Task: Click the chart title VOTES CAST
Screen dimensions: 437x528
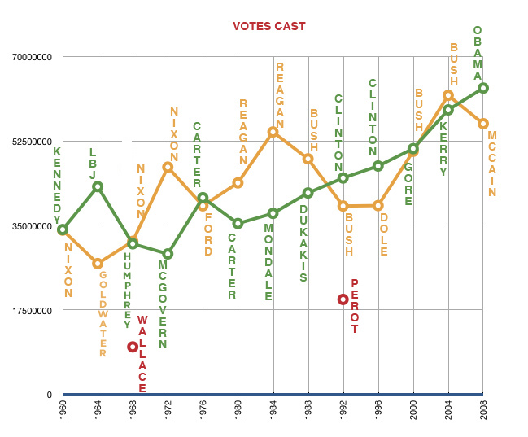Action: (x=268, y=26)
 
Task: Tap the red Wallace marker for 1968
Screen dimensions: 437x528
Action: (x=133, y=347)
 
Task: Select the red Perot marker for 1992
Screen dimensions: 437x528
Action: (x=343, y=299)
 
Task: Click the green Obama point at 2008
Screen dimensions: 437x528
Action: (x=483, y=88)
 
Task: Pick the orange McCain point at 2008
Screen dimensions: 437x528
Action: (x=483, y=124)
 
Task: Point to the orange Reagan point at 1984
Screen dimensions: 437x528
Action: (x=273, y=132)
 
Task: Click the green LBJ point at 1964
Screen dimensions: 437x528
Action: (x=98, y=186)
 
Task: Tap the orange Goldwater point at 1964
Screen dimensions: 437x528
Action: (x=98, y=264)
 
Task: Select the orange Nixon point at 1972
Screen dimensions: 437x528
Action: (x=168, y=167)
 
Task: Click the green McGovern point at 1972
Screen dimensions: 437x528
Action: (x=168, y=254)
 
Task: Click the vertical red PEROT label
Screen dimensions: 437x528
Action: (x=355, y=307)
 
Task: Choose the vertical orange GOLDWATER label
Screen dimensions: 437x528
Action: (x=103, y=314)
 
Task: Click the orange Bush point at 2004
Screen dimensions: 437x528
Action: (x=448, y=96)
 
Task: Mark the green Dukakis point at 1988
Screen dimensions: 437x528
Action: (x=308, y=193)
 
